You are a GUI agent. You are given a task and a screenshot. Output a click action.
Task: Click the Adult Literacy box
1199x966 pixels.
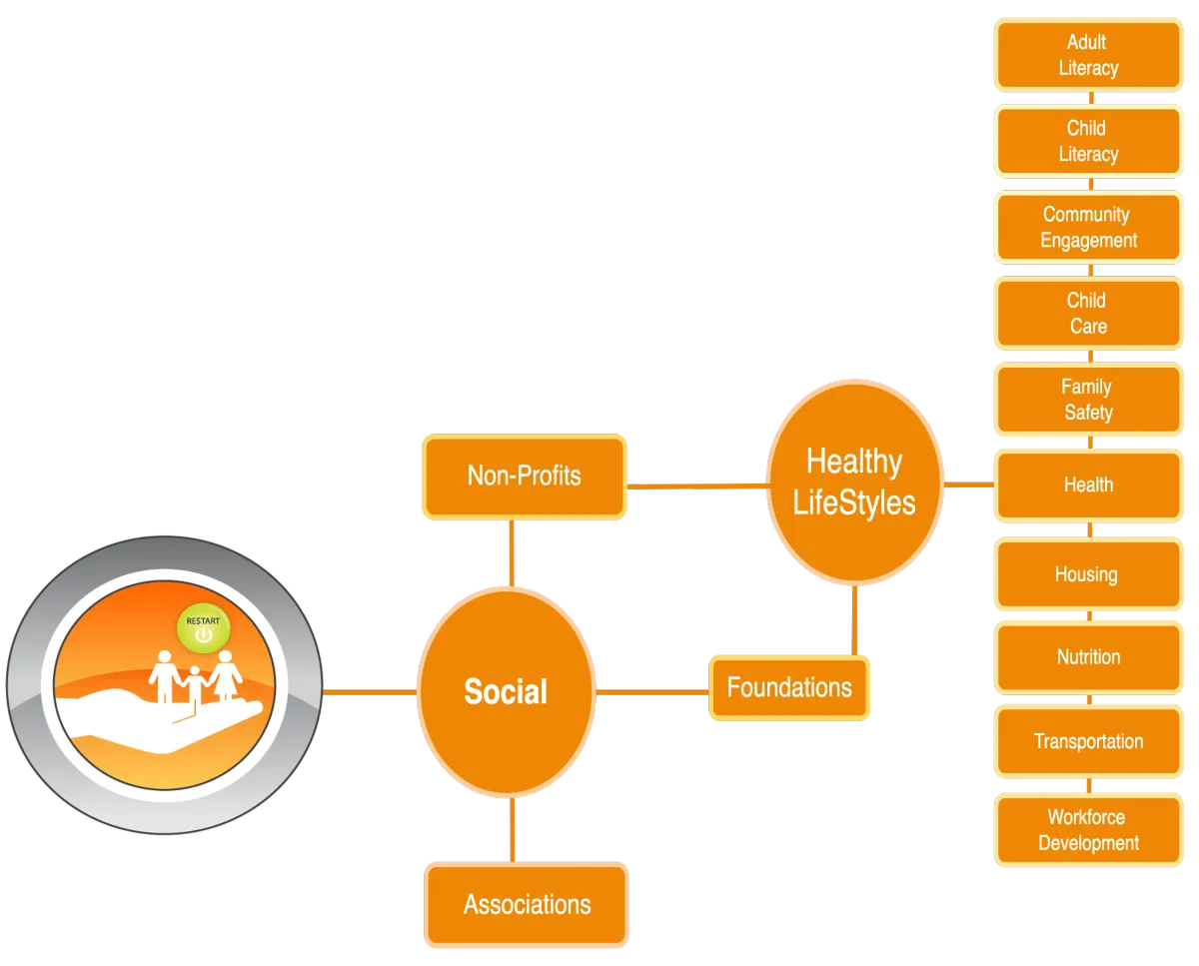(1088, 55)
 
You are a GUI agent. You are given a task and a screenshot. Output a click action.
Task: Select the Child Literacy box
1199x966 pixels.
(1088, 141)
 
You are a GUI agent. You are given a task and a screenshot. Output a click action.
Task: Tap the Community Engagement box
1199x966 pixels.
(1088, 227)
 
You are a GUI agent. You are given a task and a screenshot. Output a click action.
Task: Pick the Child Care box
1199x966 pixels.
(1088, 313)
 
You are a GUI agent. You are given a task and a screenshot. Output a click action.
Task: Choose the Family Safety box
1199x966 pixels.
(1088, 399)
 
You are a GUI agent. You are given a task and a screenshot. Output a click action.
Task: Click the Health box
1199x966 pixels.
(1088, 484)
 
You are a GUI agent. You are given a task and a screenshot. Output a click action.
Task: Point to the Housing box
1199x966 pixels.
(1088, 574)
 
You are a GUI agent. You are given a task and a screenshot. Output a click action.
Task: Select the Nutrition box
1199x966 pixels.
(1088, 657)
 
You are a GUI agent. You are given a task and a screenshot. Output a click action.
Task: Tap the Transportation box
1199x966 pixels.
(1088, 741)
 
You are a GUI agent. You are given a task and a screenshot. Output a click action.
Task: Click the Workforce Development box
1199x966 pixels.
(1088, 830)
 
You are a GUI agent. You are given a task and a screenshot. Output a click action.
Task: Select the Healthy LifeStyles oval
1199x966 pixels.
(854, 482)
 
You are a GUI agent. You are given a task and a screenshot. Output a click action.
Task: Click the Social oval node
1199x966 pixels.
(506, 691)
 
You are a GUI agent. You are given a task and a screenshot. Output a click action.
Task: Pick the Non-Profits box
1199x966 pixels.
(525, 476)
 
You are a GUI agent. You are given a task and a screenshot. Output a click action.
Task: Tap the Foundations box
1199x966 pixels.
(789, 687)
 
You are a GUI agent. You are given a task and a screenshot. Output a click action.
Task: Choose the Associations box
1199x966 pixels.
(527, 904)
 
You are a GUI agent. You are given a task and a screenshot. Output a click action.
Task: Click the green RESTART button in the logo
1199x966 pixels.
(203, 628)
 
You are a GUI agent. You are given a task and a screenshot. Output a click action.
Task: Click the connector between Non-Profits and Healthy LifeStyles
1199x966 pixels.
(696, 485)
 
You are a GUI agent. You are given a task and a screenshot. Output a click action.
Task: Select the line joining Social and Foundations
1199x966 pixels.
(652, 690)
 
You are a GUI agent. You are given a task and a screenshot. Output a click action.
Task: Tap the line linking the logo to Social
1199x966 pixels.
(370, 690)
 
